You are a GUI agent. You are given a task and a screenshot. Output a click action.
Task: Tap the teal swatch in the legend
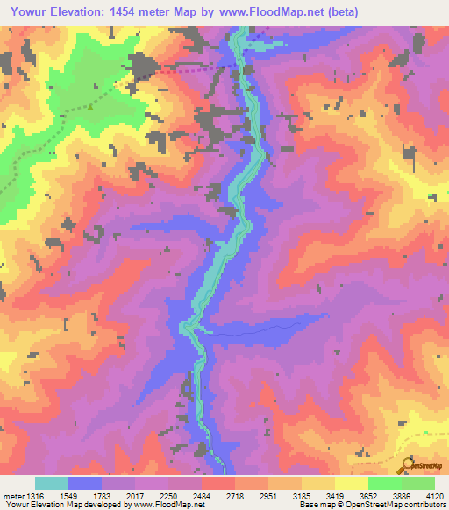[x=52, y=484]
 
